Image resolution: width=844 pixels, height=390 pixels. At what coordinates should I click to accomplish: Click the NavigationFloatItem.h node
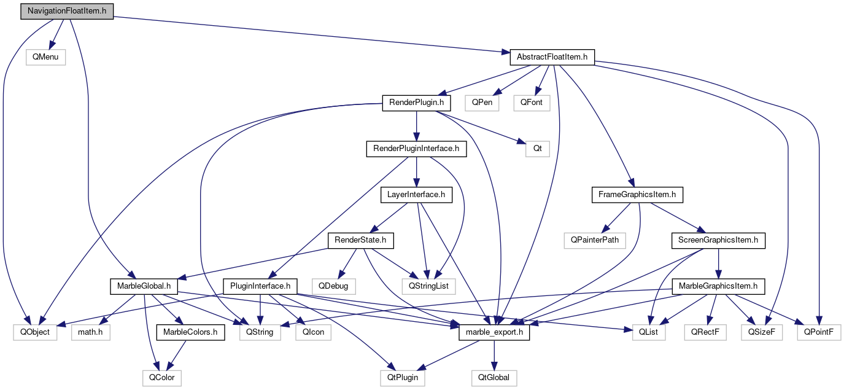[67, 11]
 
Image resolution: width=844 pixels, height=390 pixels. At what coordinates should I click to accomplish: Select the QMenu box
[45, 57]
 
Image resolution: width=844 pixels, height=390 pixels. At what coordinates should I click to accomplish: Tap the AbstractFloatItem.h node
[552, 57]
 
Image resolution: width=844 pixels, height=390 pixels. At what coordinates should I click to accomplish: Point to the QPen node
[481, 103]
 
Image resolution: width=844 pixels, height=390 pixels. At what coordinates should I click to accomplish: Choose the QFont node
[532, 103]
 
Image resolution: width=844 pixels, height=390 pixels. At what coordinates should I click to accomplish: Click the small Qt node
[537, 149]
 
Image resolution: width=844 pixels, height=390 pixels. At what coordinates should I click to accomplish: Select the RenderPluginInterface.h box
[416, 149]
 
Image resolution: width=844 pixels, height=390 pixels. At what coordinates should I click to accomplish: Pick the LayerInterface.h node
[417, 195]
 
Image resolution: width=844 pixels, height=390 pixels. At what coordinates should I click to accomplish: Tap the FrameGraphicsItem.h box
[637, 195]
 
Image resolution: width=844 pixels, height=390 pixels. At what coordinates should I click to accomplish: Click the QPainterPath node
[595, 240]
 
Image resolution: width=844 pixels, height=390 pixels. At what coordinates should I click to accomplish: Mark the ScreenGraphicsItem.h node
[718, 240]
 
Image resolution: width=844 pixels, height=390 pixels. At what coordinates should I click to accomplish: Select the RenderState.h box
[360, 240]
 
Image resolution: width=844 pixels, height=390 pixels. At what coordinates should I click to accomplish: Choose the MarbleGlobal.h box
[144, 286]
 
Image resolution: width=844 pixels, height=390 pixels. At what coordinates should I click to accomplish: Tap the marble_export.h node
[494, 332]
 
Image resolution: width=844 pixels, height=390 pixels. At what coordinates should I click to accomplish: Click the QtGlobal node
[494, 378]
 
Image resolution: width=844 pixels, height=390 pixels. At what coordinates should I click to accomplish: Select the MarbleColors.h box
[190, 332]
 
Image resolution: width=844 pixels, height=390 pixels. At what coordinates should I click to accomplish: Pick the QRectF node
[706, 332]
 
